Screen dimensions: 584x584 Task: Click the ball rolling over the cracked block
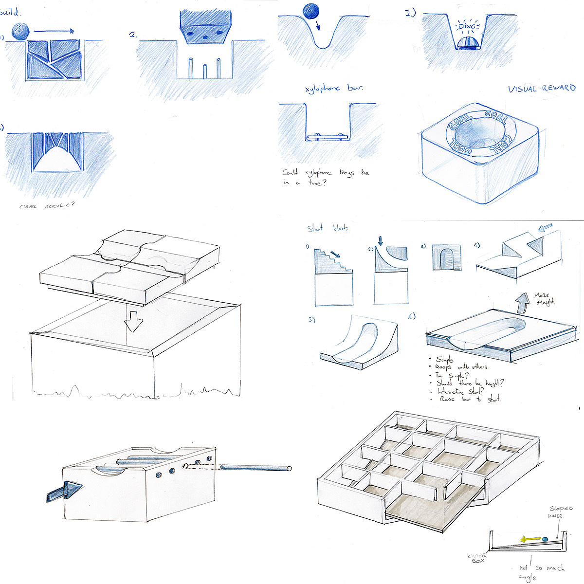click(x=21, y=32)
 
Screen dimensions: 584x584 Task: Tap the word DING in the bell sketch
click(x=466, y=27)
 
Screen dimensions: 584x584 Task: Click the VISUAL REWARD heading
click(x=541, y=89)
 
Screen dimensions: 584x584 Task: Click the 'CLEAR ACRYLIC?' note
click(x=47, y=206)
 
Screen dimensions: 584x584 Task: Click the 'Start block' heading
click(x=328, y=228)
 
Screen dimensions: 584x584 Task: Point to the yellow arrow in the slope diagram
click(x=530, y=539)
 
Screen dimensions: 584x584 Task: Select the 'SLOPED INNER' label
click(x=560, y=512)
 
